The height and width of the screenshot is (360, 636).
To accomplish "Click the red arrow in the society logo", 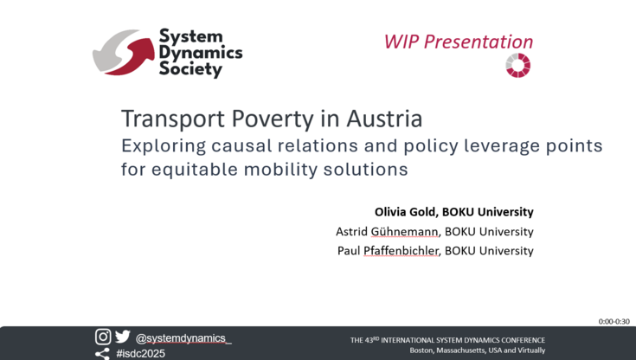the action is click(133, 58).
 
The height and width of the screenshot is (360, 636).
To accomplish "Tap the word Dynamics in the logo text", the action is click(201, 53).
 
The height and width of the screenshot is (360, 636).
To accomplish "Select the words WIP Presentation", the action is click(459, 42).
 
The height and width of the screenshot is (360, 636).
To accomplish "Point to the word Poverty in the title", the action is click(273, 119).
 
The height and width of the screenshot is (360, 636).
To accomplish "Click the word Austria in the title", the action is click(384, 119).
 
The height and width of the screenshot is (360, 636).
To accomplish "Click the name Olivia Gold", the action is click(405, 212).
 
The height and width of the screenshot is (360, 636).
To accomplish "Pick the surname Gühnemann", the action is click(404, 232).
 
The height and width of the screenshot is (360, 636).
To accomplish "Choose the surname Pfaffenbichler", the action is click(401, 251).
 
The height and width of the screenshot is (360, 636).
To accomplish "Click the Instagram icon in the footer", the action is click(103, 337).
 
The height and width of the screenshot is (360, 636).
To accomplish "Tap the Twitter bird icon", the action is click(122, 337).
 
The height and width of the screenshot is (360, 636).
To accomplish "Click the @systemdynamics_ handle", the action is click(183, 338).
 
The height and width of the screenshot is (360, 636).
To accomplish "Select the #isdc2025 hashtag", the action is click(141, 353).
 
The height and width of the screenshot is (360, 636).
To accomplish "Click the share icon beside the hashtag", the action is click(102, 354).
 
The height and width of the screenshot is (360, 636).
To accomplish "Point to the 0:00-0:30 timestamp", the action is click(614, 321).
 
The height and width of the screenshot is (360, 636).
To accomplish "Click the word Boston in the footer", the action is click(421, 350).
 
